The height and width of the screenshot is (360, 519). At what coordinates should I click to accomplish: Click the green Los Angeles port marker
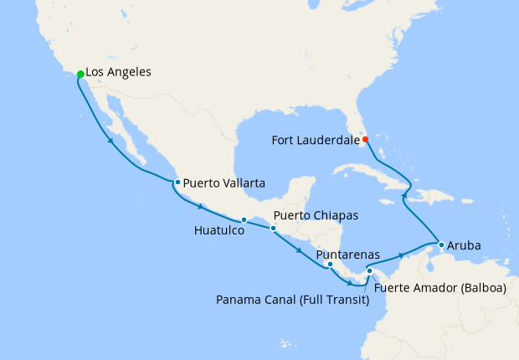click(80, 75)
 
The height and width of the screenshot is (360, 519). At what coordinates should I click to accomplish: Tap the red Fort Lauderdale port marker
click(365, 139)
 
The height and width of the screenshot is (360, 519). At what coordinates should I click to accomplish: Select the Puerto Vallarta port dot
click(177, 182)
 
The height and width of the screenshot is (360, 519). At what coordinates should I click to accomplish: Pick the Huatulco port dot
click(244, 220)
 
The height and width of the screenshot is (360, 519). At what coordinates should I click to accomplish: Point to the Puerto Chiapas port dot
click(273, 228)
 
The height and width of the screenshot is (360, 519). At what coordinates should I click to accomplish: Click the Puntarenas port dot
click(331, 265)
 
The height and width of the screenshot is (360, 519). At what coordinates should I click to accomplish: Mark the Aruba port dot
click(440, 245)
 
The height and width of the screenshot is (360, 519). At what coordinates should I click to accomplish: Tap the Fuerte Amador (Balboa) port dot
click(369, 270)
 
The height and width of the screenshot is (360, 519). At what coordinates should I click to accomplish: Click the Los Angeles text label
click(118, 73)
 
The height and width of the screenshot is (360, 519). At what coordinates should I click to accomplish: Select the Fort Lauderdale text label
click(315, 140)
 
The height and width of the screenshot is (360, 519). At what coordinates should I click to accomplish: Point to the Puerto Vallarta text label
click(225, 182)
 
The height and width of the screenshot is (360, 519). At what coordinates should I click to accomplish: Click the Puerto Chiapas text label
click(316, 216)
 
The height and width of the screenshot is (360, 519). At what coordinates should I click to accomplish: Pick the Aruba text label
click(465, 246)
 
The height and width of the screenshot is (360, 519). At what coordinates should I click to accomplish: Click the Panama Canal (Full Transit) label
click(292, 300)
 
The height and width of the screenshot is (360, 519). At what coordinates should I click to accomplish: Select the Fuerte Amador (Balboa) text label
click(440, 288)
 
